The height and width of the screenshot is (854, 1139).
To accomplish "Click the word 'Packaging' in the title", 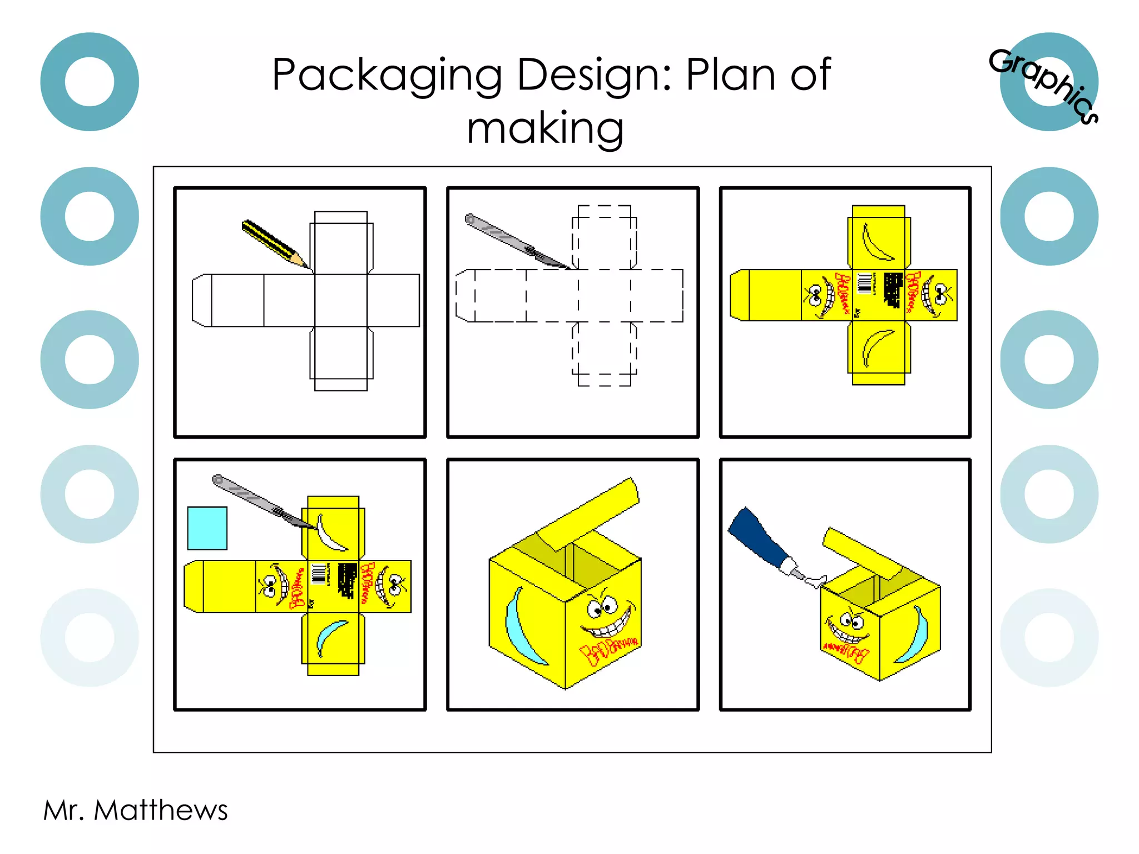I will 386,76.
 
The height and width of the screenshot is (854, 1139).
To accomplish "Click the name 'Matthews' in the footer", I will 161,810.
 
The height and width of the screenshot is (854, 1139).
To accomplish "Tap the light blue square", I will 207,528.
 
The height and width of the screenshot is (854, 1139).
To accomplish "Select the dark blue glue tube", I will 756,539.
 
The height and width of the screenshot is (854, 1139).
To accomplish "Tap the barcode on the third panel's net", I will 864,282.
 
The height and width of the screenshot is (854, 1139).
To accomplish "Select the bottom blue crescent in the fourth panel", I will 330,638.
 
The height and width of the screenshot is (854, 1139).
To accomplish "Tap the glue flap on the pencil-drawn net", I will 201,300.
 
